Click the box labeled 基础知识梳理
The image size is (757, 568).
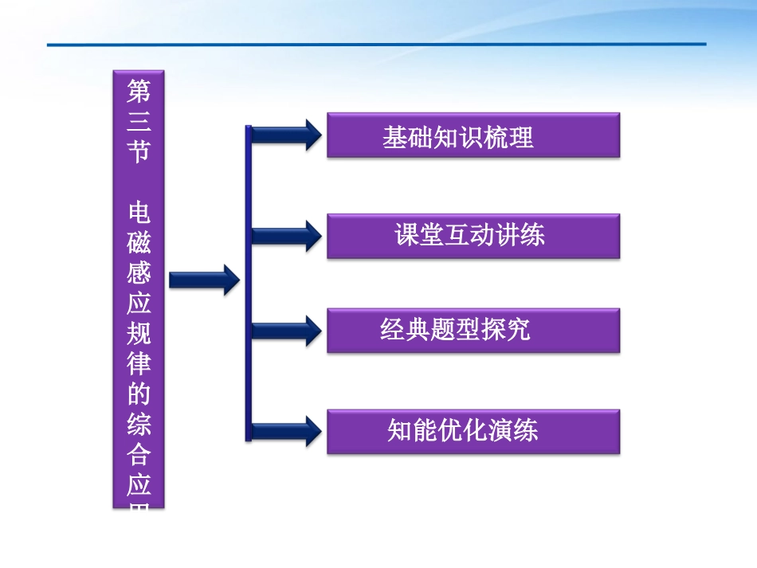(473, 136)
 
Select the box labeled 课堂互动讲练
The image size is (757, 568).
(473, 236)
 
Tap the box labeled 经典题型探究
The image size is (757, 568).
(473, 331)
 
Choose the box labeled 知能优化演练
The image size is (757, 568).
(473, 431)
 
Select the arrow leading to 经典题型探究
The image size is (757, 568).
(287, 330)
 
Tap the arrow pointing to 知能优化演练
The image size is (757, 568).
(287, 430)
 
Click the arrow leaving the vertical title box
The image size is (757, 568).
(204, 279)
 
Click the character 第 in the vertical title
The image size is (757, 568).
(139, 92)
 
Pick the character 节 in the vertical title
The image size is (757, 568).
(139, 151)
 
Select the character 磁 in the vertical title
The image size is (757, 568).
(139, 243)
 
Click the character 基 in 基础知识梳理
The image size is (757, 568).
(393, 138)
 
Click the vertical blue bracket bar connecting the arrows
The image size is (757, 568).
(248, 283)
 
